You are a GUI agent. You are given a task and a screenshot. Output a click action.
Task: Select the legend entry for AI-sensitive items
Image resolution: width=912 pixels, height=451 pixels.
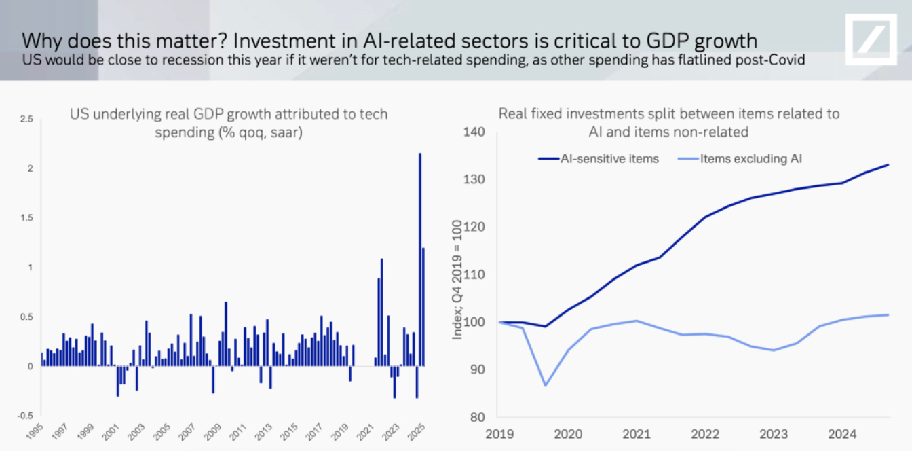coord(598,159)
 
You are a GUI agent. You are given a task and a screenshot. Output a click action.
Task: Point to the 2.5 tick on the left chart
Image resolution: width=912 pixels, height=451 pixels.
coord(26,119)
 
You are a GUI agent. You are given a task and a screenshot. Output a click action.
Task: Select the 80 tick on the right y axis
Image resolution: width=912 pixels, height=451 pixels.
coord(477,417)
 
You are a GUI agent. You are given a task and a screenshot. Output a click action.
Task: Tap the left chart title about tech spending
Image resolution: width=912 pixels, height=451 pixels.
coord(229,123)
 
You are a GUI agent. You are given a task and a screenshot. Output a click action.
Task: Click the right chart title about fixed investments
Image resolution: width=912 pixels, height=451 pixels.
coord(668,122)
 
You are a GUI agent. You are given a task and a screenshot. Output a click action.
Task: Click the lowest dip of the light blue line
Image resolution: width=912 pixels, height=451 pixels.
coord(545,386)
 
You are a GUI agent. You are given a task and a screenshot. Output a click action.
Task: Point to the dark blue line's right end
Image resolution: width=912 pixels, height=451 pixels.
coord(888,165)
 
